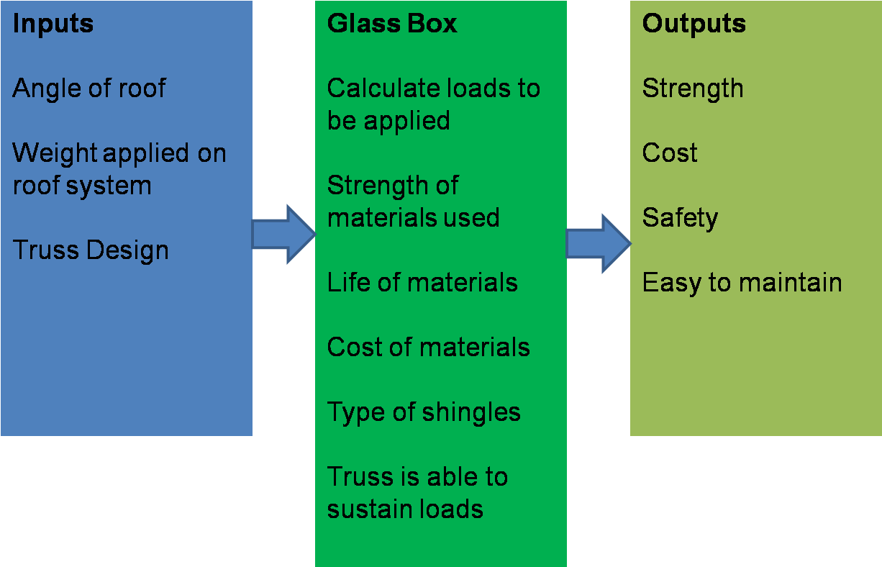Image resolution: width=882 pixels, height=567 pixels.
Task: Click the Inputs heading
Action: [53, 24]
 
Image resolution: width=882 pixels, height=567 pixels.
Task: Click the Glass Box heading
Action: [392, 24]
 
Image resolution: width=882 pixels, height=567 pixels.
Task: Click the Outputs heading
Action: [694, 24]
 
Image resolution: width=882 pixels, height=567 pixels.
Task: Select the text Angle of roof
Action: [89, 89]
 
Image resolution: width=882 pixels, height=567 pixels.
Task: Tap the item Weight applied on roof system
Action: [119, 169]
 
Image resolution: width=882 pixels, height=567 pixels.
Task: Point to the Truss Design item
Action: [91, 250]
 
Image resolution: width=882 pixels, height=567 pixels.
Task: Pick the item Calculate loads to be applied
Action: [433, 104]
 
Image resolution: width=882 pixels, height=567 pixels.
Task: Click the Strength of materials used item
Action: [413, 201]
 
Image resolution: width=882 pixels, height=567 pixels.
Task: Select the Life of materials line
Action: [422, 283]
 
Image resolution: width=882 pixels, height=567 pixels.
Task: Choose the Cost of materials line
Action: [428, 348]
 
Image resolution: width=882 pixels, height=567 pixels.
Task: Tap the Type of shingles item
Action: [424, 412]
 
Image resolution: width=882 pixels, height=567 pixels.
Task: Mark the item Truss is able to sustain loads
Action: [417, 493]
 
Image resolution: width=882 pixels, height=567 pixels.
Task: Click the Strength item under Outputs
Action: [693, 89]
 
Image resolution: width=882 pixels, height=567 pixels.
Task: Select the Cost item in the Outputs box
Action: [670, 153]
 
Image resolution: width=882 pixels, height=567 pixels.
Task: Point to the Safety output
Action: [680, 218]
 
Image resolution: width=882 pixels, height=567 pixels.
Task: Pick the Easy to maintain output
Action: [742, 283]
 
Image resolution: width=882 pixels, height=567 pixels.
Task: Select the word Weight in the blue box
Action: [54, 153]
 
